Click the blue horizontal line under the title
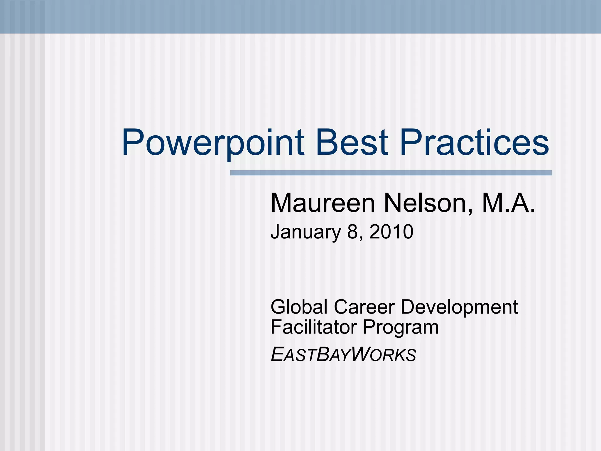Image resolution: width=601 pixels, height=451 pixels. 391,173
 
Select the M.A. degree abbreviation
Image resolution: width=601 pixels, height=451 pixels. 508,203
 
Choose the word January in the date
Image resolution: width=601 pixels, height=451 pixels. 305,232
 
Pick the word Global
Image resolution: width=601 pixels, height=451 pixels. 299,307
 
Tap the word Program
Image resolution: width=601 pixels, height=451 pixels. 401,328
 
